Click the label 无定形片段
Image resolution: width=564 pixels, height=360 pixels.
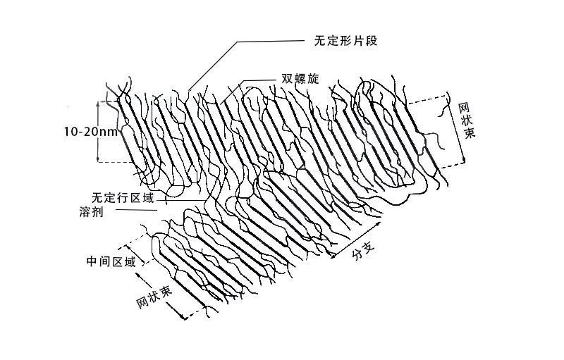pyautogui.click(x=346, y=40)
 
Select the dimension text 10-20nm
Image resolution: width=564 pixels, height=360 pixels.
pyautogui.click(x=91, y=132)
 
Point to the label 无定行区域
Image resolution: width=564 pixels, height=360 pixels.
pyautogui.click(x=122, y=198)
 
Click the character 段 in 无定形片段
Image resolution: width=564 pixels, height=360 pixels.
pyautogui.click(x=374, y=40)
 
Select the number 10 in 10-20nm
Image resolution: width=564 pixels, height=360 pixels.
pyautogui.click(x=70, y=132)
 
